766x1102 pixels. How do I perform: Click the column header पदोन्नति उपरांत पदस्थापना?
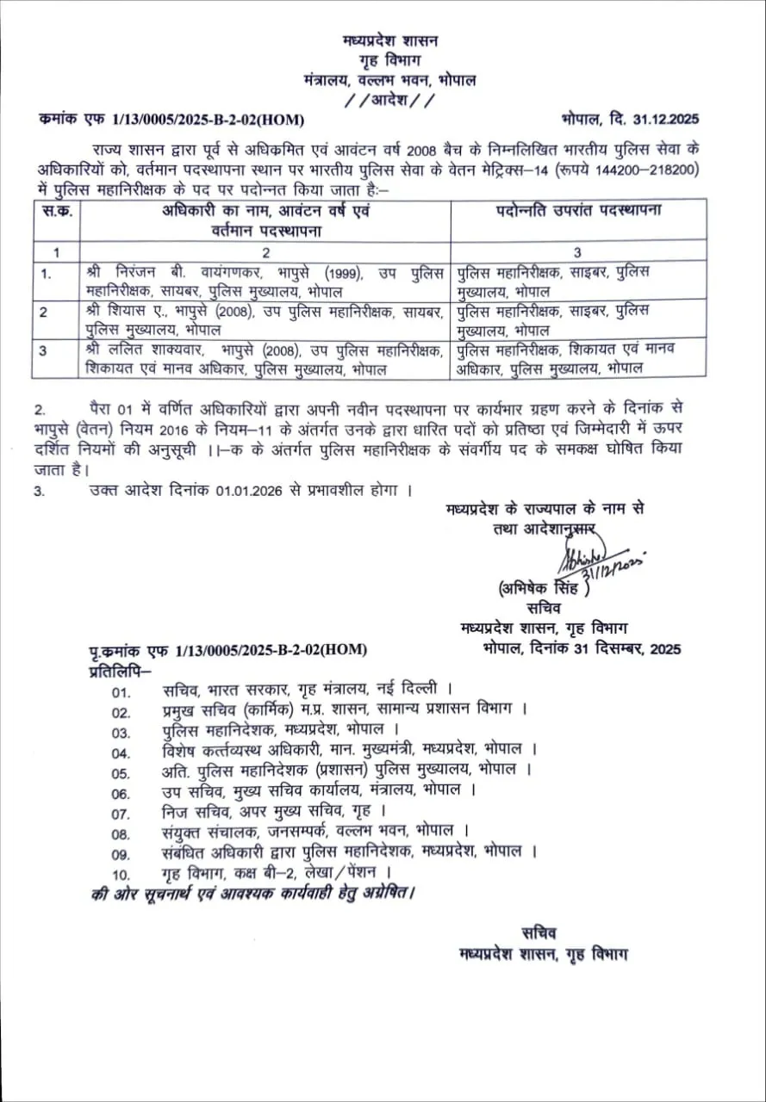coord(578,210)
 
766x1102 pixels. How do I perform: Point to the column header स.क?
coord(56,210)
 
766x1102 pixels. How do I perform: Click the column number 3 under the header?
coord(577,252)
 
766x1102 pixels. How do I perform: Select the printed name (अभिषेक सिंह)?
coord(543,591)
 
